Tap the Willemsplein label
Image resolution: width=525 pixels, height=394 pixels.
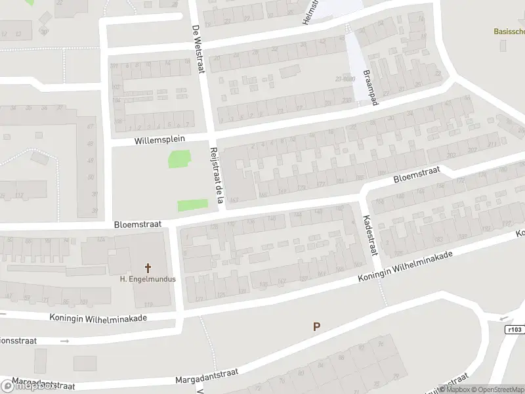coord(160,140)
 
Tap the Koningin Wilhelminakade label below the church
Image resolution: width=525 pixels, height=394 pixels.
coord(98,317)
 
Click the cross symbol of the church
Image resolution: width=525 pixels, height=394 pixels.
coord(148,267)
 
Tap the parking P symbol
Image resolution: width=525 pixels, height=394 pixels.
coord(316,326)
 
